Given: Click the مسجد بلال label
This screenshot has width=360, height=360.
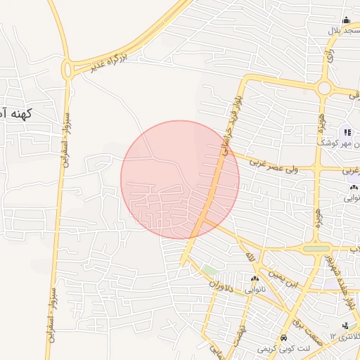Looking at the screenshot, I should tap(343, 32).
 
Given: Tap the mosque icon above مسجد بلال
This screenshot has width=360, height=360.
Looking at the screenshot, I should tap(345, 20).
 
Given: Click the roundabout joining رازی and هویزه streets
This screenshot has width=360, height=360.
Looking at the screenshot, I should tap(324, 89).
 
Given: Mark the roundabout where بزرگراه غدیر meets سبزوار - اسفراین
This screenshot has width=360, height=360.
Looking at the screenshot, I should tap(69, 69).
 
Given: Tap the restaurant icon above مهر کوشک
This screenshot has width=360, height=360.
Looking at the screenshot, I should tap(347, 132).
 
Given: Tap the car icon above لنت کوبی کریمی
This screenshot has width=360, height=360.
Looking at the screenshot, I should tap(283, 337).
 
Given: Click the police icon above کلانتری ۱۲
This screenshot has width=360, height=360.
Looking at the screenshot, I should tap(345, 326).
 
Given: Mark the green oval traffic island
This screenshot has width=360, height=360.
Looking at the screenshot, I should tap(317, 248).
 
